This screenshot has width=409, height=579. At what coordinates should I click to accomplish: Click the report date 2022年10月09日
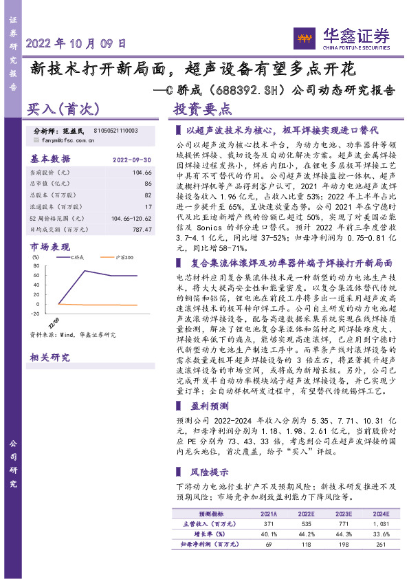pos(76,43)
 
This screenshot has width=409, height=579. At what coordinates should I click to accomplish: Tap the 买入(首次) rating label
pos(64,108)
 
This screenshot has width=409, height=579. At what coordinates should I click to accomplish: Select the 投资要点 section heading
pos(202,109)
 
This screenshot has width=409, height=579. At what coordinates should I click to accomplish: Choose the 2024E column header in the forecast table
pos(380,514)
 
